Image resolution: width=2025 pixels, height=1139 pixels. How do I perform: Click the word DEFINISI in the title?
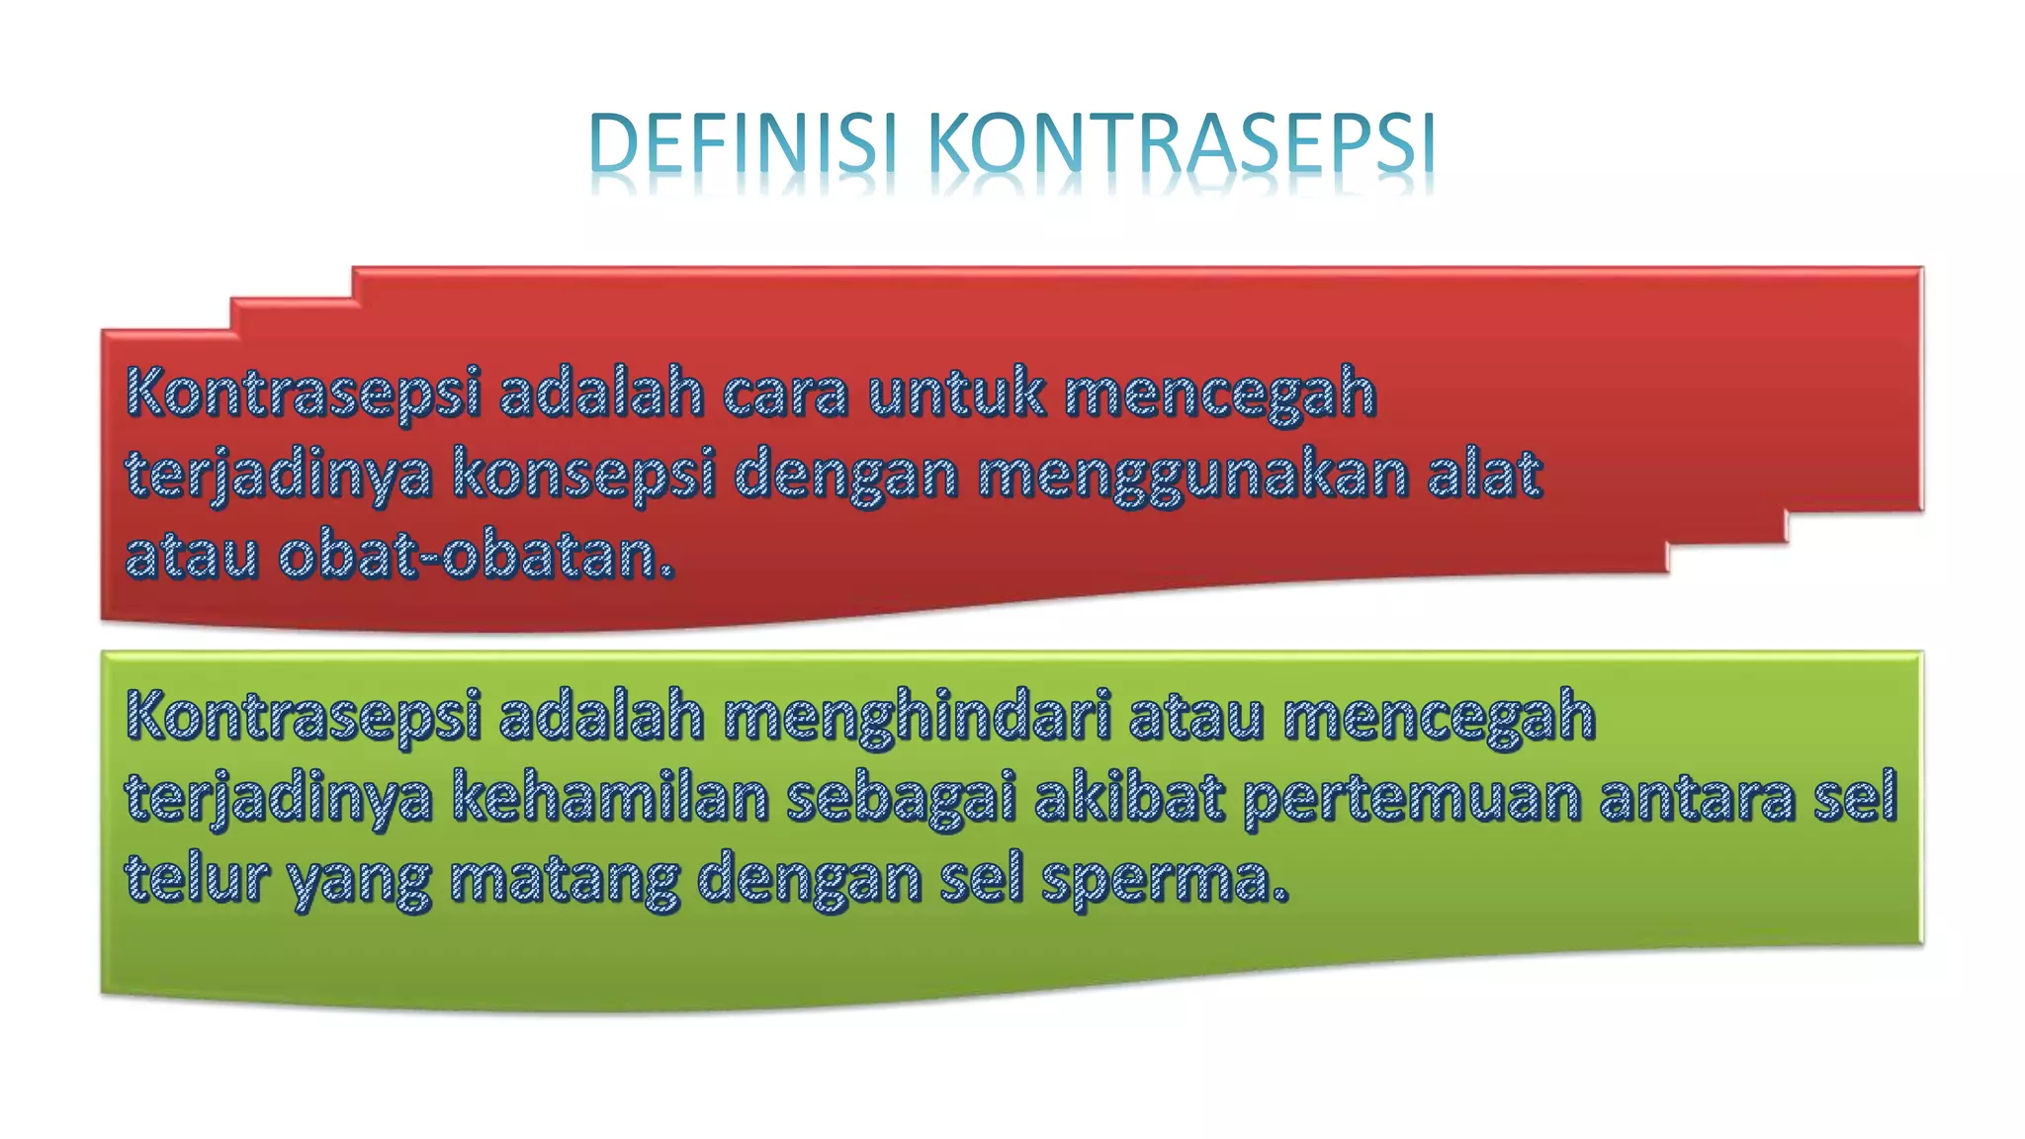point(742,144)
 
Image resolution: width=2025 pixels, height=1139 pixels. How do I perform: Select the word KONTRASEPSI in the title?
point(1182,144)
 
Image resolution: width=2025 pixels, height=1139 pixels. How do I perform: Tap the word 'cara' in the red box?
point(785,393)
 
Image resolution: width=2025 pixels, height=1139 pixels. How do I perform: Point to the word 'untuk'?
point(955,393)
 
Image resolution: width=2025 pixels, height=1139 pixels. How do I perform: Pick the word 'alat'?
point(1484,473)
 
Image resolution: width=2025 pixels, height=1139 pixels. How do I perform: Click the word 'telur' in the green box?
point(197,878)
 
